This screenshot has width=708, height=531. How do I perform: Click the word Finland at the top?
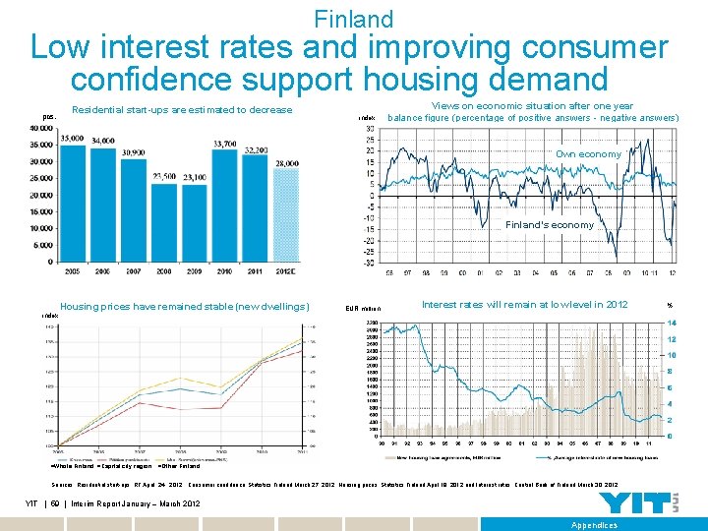tap(353, 19)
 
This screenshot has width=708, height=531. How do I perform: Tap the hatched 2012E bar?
tap(286, 215)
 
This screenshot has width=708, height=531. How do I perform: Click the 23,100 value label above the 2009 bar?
tap(195, 176)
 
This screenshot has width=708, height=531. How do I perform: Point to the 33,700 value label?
tap(225, 143)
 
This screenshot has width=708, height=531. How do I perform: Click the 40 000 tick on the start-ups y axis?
tap(40, 127)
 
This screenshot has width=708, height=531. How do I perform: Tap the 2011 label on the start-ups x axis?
tap(256, 269)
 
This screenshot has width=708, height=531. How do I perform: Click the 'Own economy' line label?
tap(588, 154)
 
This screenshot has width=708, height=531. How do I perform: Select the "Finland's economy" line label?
tap(549, 225)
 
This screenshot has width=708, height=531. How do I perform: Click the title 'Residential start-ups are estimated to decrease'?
tap(182, 109)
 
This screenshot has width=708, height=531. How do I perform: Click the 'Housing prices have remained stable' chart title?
tap(185, 306)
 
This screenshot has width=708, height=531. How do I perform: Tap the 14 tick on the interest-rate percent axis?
tap(671, 323)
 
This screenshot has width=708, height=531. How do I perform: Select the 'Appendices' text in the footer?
tap(594, 525)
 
